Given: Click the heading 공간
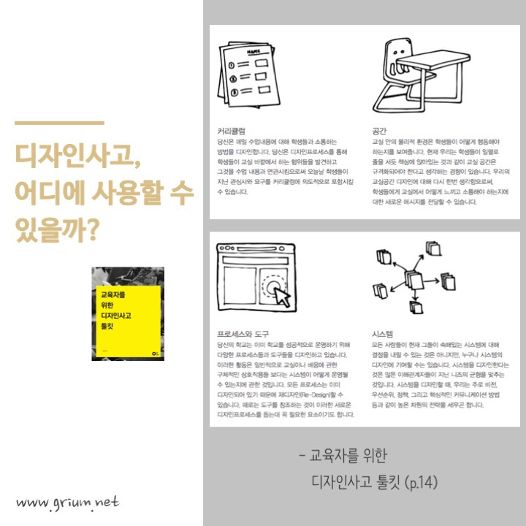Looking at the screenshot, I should [380, 131].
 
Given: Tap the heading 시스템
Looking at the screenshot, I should [384, 331].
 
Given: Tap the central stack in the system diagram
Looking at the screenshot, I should [413, 280].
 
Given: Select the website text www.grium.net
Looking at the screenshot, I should [67, 502].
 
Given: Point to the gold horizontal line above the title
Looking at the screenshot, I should [59, 123].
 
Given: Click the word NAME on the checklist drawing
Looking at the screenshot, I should [254, 52].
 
